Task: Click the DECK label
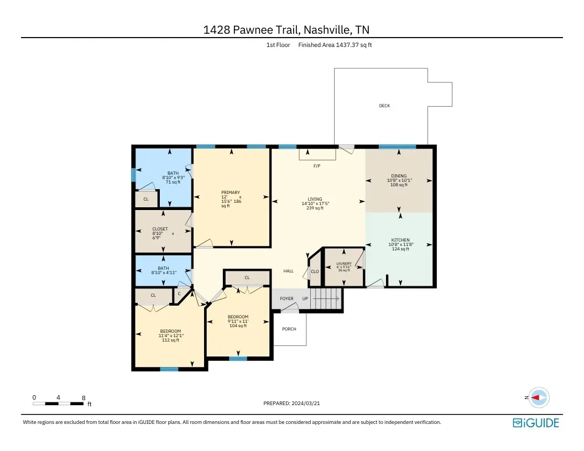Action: click(384, 106)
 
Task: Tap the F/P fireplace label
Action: click(316, 166)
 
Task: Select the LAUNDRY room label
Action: click(344, 264)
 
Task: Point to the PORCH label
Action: click(289, 329)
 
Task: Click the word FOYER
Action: click(286, 298)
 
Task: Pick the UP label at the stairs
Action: click(305, 298)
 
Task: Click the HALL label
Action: click(288, 271)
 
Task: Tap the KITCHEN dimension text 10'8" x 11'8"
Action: click(400, 244)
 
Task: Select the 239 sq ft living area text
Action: click(315, 208)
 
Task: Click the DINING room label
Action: click(399, 176)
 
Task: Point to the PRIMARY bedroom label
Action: click(231, 192)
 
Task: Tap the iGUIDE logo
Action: click(535, 423)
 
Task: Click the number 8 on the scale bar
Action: click(84, 397)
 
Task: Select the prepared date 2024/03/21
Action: click(305, 403)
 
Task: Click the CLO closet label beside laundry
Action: click(315, 271)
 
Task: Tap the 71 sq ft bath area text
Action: click(173, 182)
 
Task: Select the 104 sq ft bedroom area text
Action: click(238, 326)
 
